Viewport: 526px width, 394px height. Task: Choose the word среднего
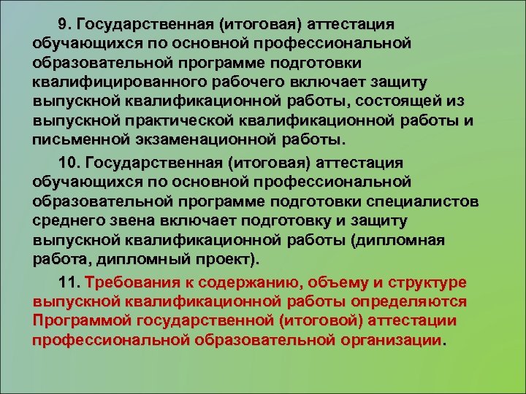(x=69, y=220)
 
